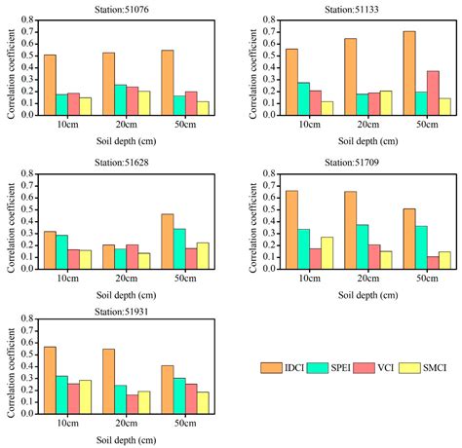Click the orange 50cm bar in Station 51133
tap(408, 73)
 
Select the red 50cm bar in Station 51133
tap(432, 93)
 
